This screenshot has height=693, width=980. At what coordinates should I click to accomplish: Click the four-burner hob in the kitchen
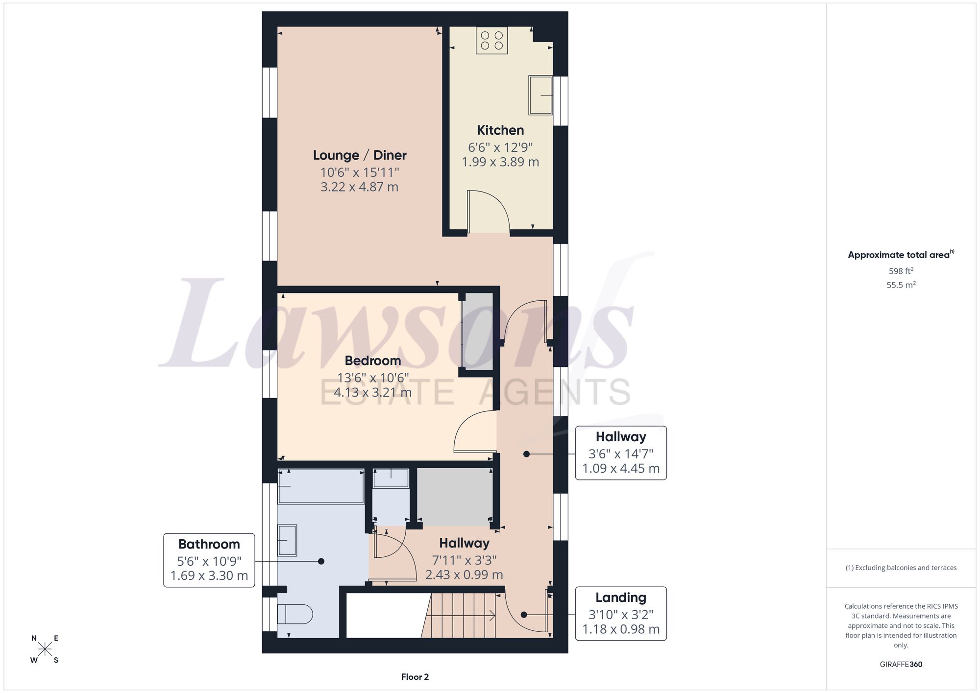click(491, 40)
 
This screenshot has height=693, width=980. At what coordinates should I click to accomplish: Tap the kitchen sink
click(540, 95)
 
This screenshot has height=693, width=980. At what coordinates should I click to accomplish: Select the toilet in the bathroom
click(295, 614)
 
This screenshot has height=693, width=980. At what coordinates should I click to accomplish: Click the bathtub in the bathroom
click(321, 486)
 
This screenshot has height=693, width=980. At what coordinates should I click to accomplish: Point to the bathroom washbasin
click(287, 540)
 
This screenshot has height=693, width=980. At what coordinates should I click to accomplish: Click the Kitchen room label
click(500, 130)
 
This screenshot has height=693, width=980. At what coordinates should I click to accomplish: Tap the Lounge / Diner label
click(360, 155)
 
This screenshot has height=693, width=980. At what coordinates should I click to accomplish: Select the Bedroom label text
click(373, 361)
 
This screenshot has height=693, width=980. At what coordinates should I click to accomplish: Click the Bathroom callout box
click(209, 560)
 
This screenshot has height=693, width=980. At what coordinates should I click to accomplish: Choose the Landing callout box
click(621, 614)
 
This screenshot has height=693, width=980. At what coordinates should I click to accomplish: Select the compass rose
click(45, 649)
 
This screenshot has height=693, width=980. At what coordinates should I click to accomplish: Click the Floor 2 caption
click(415, 677)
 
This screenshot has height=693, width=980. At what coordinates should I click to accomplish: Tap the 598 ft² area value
click(901, 271)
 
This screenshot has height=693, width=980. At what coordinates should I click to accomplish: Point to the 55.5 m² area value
click(901, 285)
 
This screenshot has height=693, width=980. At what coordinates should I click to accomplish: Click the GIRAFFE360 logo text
click(901, 664)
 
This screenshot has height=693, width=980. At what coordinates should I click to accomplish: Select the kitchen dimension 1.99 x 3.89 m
click(500, 162)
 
